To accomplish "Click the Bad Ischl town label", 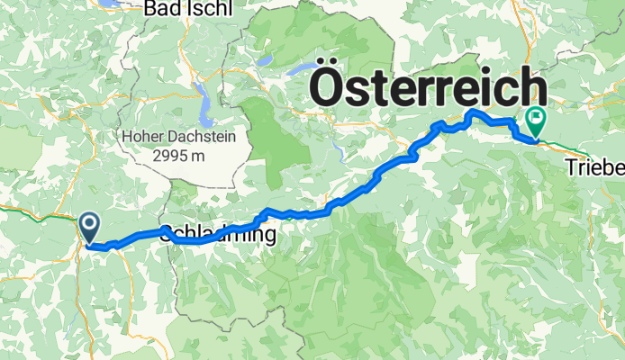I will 188,9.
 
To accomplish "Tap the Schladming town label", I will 219,233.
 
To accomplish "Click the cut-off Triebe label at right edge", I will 594,166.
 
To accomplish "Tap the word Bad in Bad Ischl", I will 164,9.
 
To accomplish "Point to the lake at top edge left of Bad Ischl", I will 113,4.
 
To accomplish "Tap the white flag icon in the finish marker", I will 537,117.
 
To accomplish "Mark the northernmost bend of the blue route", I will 473,111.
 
